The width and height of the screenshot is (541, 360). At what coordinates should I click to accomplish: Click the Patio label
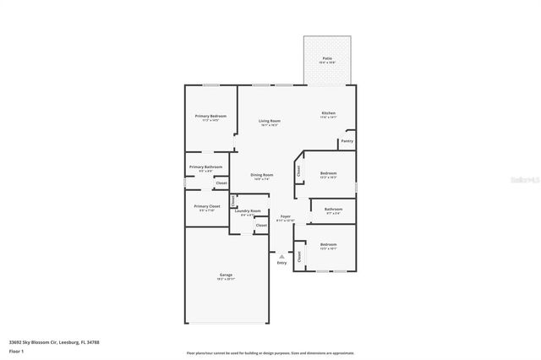[326, 58]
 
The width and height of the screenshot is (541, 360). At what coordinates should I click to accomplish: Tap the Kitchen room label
[328, 113]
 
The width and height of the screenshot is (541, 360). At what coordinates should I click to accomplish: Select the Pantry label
[347, 141]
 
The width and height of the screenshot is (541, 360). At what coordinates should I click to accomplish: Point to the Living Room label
[270, 121]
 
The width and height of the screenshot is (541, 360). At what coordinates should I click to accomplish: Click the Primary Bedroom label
[211, 116]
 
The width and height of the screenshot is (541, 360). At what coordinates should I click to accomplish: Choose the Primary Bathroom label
[205, 166]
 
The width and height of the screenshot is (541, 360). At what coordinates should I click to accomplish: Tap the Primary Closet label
[207, 206]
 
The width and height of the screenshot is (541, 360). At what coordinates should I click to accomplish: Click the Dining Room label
[262, 175]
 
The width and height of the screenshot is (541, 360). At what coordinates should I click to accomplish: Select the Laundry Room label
[249, 211]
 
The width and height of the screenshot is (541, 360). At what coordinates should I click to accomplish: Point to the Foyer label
[286, 216]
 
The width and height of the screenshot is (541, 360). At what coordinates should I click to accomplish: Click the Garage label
[225, 274]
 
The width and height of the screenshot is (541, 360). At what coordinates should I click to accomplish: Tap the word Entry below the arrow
[281, 262]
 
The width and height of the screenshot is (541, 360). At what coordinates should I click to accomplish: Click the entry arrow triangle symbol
[281, 255]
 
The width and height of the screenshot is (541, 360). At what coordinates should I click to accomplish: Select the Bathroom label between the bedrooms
[333, 209]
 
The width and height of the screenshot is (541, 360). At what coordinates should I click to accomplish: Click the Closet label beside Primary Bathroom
[221, 183]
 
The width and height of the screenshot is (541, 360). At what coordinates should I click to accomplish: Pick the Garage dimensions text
[225, 279]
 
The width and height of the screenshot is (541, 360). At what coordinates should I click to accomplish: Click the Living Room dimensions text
[270, 125]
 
